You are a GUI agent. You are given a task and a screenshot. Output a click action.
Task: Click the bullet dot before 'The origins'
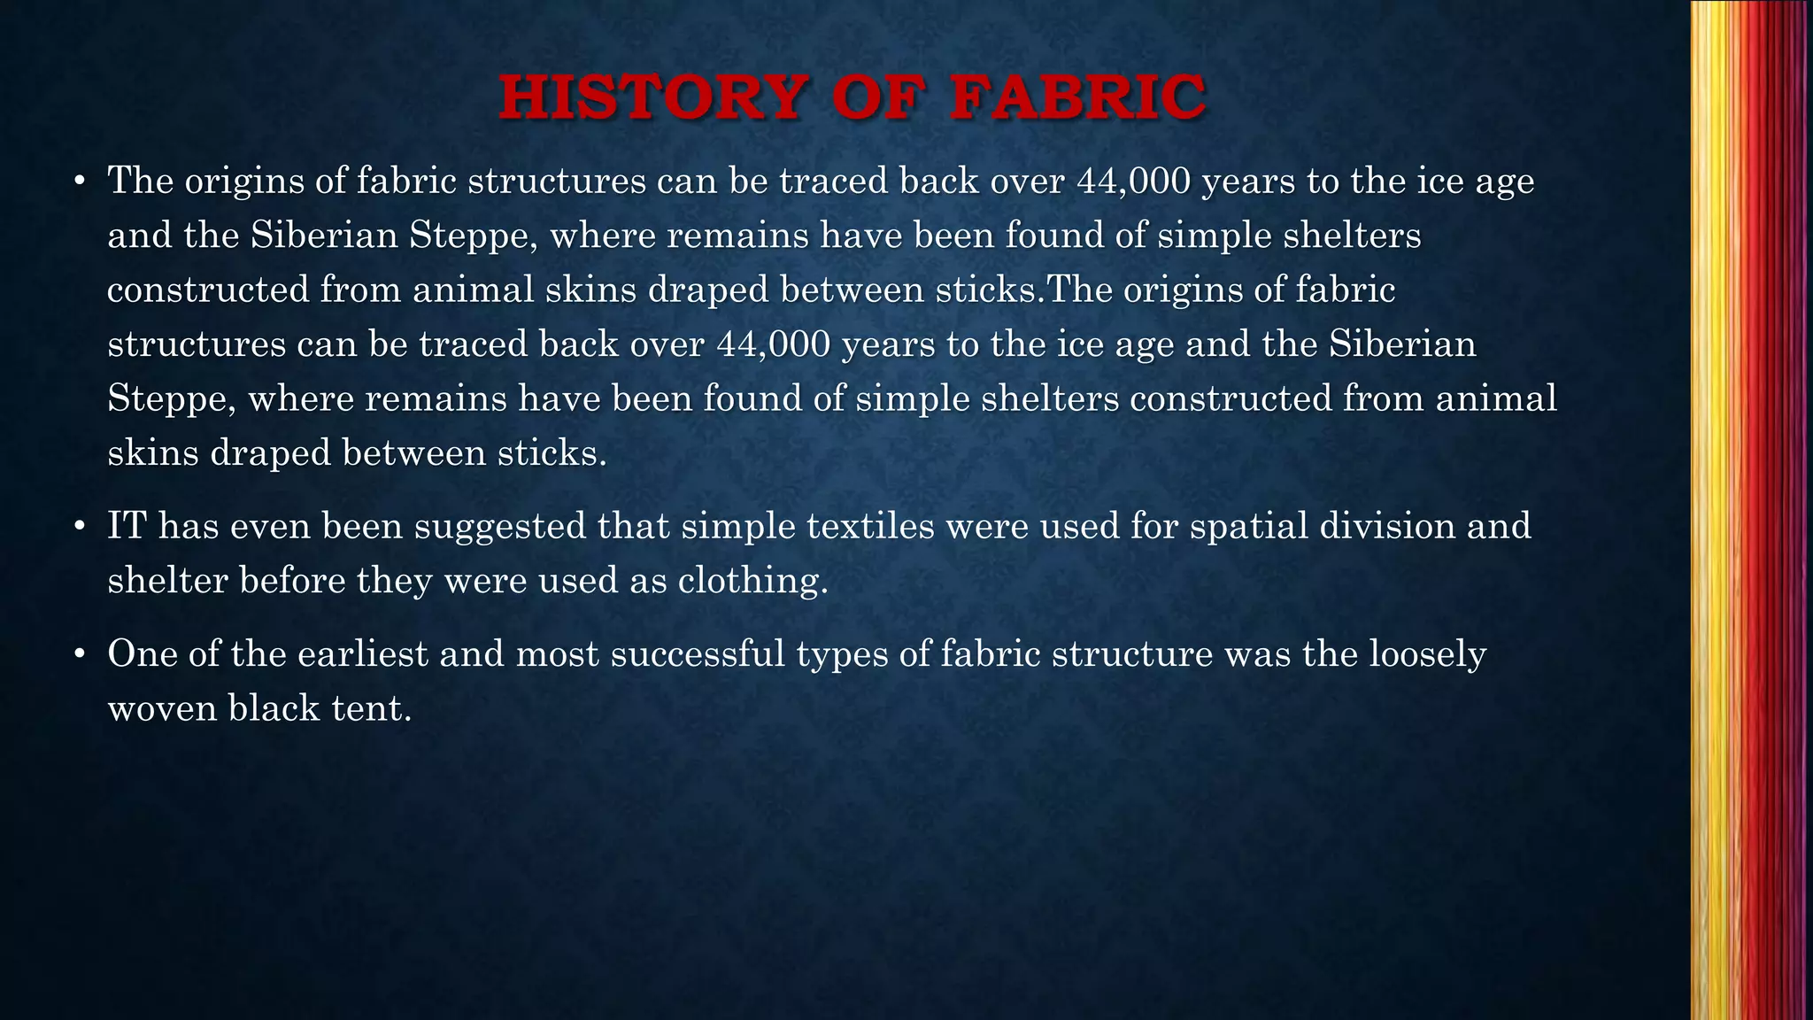(79, 182)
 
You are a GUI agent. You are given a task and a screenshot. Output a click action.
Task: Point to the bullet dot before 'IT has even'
(79, 528)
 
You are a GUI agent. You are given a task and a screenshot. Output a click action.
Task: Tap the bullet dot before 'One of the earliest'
(79, 655)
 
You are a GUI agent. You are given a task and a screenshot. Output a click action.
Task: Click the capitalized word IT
(126, 526)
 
